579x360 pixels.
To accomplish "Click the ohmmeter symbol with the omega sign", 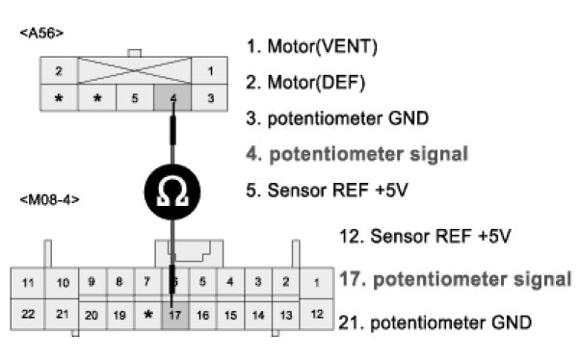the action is pyautogui.click(x=172, y=192).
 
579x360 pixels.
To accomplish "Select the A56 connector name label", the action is pyautogui.click(x=41, y=33).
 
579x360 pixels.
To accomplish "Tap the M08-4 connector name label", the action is pyautogui.click(x=49, y=200).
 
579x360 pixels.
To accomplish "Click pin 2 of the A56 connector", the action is pyautogui.click(x=59, y=70).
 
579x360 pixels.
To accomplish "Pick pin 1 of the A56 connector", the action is pyautogui.click(x=210, y=70).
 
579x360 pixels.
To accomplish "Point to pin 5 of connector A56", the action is pyautogui.click(x=135, y=98).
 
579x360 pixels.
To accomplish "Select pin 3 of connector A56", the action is pyautogui.click(x=210, y=98).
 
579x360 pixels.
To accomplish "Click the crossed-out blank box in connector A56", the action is pyautogui.click(x=135, y=70).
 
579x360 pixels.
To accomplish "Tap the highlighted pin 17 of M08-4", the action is pyautogui.click(x=175, y=315).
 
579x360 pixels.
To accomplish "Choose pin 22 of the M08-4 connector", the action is pyautogui.click(x=28, y=314).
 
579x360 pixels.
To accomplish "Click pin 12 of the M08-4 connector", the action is pyautogui.click(x=317, y=314).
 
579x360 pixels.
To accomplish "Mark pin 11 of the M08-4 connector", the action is pyautogui.click(x=28, y=283).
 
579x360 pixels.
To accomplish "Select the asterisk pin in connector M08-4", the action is pyautogui.click(x=147, y=315).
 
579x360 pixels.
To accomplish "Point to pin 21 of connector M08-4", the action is pyautogui.click(x=62, y=314).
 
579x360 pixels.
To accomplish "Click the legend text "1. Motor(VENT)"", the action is pyautogui.click(x=312, y=46).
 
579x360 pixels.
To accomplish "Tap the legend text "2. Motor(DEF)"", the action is pyautogui.click(x=305, y=82).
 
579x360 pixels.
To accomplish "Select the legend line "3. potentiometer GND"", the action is pyautogui.click(x=337, y=118).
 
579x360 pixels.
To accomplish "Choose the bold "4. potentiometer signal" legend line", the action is pyautogui.click(x=357, y=154).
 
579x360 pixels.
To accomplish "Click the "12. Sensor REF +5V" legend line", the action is pyautogui.click(x=425, y=236).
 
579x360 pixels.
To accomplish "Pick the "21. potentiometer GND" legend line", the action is pyautogui.click(x=435, y=322).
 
